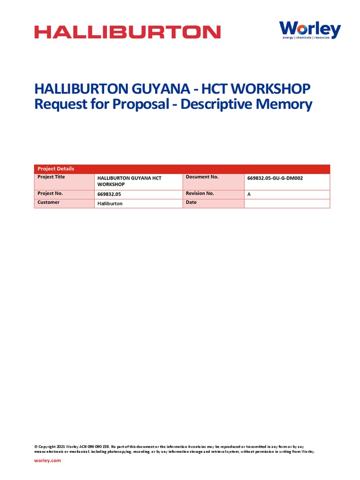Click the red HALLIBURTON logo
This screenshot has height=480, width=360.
click(127, 32)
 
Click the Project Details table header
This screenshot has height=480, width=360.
click(56, 169)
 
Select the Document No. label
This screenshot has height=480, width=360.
click(202, 177)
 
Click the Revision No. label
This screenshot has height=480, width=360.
click(200, 193)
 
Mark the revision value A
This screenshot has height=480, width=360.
click(249, 194)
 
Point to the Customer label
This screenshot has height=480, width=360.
click(48, 202)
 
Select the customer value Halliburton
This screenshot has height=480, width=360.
click(110, 204)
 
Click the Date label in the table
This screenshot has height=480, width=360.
click(191, 202)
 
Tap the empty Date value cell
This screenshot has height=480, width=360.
click(287, 203)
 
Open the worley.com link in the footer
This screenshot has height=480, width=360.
click(47, 461)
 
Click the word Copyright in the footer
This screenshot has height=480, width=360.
click(47, 447)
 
